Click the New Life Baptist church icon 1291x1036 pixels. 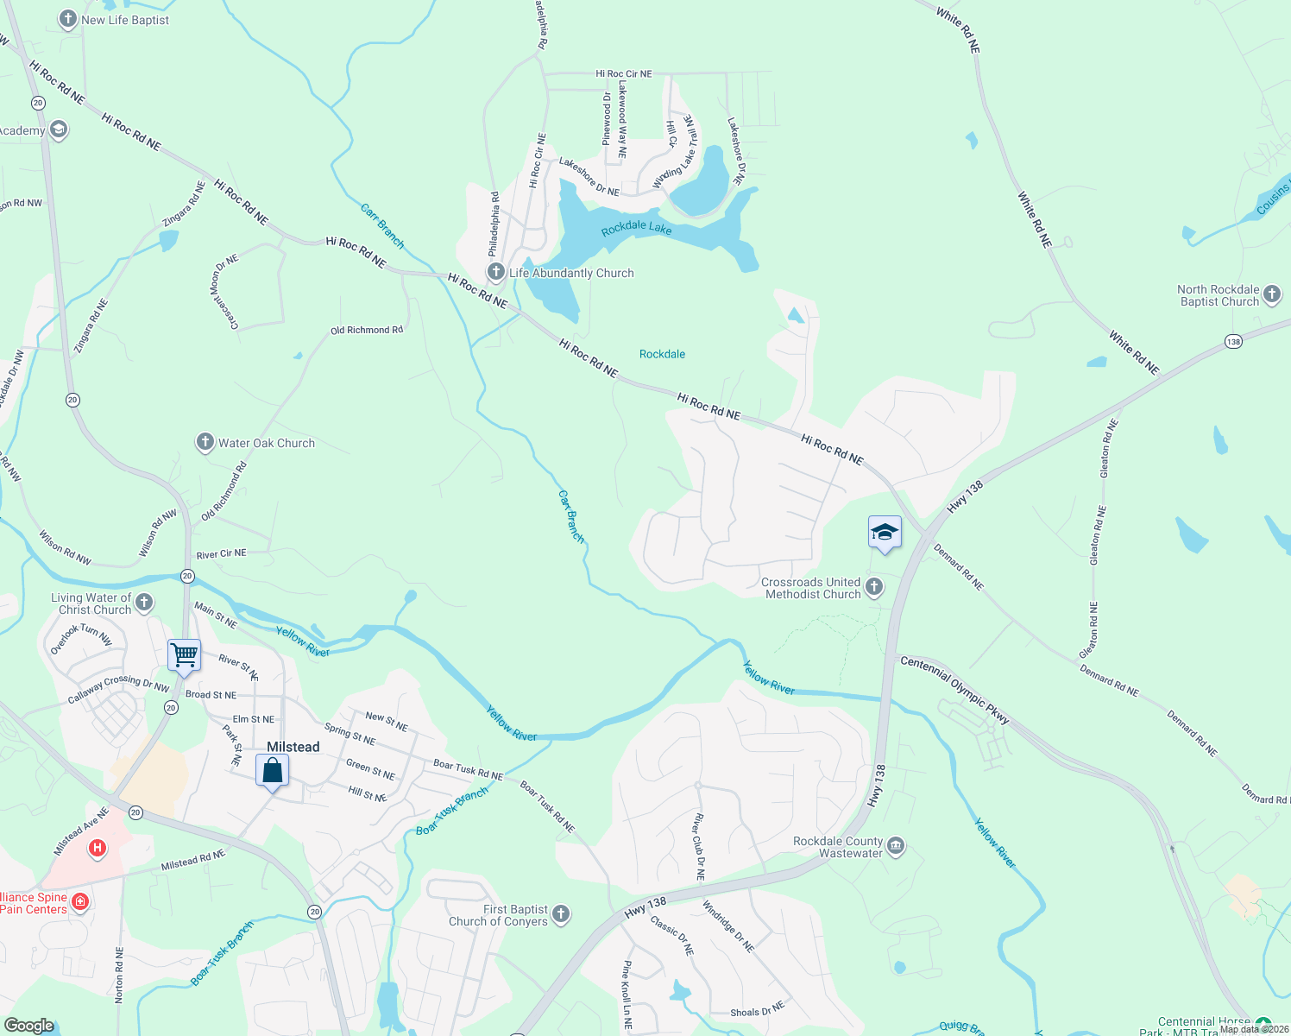pos(68,19)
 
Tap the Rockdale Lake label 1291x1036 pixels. pos(636,228)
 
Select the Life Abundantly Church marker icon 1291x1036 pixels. pos(495,273)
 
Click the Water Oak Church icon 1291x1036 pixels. pos(205,443)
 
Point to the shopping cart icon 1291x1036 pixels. pos(184,655)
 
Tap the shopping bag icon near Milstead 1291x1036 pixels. pos(272,769)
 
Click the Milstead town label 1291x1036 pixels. pos(293,747)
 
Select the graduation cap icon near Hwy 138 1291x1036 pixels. pos(885,532)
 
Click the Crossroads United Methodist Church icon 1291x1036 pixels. pos(874,588)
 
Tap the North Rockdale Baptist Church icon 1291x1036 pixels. pos(1272,295)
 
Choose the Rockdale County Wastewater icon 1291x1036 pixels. pos(896,846)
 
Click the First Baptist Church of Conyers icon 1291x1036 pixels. pos(561,914)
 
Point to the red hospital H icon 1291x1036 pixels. pos(97,849)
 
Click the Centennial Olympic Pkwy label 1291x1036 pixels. pos(954,688)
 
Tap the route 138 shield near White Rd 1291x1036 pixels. pos(1233,342)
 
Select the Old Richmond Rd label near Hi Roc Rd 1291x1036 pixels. pos(367,330)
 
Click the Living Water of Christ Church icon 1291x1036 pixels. pos(144,603)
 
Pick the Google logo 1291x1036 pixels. pos(28,1025)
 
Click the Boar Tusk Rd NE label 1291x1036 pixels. pos(468,770)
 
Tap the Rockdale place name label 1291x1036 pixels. pos(662,354)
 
